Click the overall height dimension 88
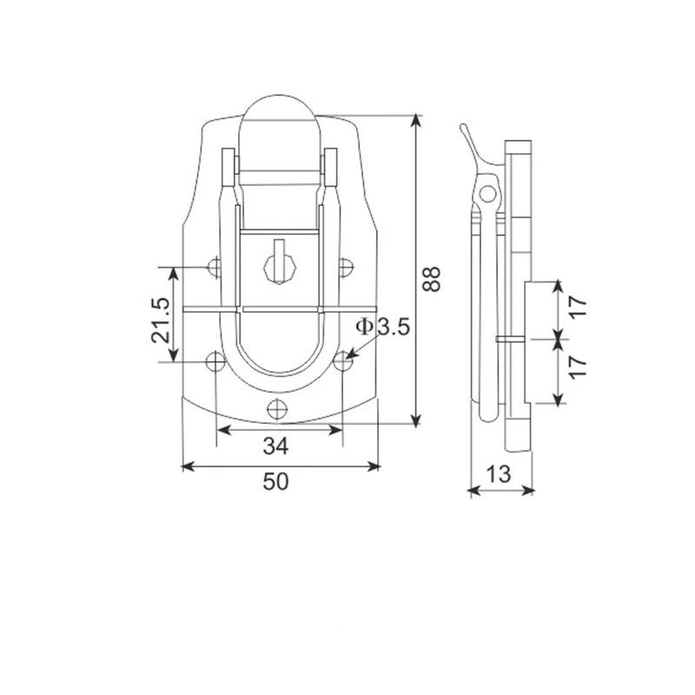tap(431, 278)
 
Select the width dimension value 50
tap(275, 481)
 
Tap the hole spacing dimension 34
tap(275, 446)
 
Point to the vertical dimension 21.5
tap(161, 320)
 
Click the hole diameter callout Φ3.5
tap(382, 328)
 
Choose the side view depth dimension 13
tap(499, 474)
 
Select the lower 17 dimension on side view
tap(578, 367)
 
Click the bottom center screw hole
tap(277, 408)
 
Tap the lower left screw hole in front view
tap(215, 361)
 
